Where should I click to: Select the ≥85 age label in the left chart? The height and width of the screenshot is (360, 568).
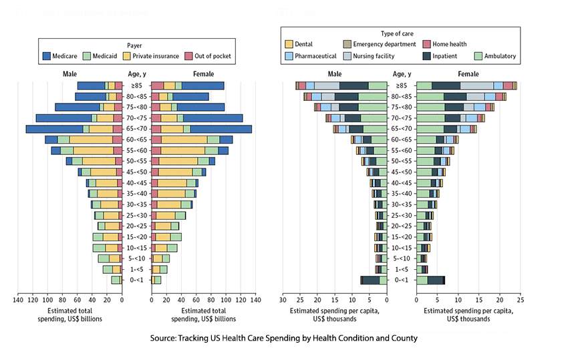(x=136, y=85)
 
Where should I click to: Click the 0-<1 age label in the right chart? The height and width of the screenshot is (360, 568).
(x=401, y=280)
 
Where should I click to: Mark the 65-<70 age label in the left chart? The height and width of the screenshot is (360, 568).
(x=136, y=129)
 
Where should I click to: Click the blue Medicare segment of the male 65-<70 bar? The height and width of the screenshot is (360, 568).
(x=54, y=129)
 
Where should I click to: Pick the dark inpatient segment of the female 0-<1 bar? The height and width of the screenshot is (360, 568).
(x=435, y=280)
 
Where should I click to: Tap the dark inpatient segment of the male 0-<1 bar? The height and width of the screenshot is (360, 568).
(x=370, y=280)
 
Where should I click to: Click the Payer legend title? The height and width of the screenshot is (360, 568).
(x=135, y=45)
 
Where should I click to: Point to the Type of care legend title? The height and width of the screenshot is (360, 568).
(x=400, y=33)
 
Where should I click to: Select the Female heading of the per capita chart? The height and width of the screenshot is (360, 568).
(x=468, y=74)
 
